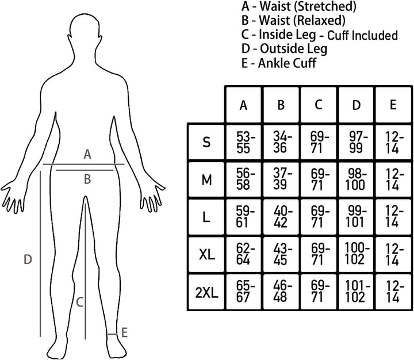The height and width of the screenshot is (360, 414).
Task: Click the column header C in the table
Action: [319, 105]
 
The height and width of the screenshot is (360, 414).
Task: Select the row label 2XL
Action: [206, 293]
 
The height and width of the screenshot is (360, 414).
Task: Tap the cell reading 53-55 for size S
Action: [243, 143]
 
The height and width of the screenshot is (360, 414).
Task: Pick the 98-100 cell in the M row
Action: [356, 180]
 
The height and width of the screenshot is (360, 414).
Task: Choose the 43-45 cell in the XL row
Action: [281, 255]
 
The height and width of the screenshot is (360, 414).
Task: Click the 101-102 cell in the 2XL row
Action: [356, 292]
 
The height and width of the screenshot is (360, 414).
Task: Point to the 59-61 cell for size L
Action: [243, 217]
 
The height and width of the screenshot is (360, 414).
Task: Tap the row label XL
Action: [206, 255]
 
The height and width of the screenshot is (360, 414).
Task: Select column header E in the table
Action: [393, 105]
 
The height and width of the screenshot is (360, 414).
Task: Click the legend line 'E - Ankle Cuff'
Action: [279, 63]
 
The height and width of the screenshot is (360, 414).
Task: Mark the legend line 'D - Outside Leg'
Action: [285, 49]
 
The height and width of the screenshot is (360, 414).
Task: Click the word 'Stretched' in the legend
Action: [325, 6]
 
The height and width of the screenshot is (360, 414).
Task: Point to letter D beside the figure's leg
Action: [28, 259]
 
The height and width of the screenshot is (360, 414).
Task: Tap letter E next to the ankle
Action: [124, 332]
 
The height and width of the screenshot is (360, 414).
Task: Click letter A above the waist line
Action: [87, 154]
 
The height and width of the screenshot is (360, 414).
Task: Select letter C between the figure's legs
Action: [80, 302]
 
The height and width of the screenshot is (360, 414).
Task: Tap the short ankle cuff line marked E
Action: [112, 334]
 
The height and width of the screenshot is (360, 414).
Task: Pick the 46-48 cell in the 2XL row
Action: [281, 292]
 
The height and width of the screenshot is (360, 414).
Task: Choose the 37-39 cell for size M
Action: [281, 180]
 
